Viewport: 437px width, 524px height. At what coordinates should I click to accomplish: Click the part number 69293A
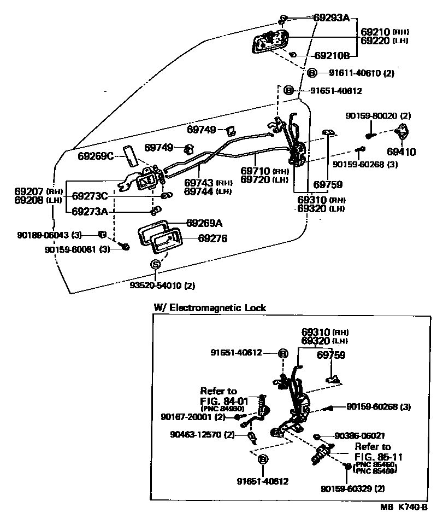click(331, 18)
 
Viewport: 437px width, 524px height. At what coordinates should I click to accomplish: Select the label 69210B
click(331, 55)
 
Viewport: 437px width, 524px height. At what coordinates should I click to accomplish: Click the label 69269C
click(95, 156)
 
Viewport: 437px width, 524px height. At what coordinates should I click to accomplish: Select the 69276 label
click(212, 238)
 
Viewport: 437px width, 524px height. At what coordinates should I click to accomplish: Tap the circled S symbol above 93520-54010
click(155, 264)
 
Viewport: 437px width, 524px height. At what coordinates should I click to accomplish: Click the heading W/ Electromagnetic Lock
click(209, 308)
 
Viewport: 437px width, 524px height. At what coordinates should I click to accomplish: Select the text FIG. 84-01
click(225, 400)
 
